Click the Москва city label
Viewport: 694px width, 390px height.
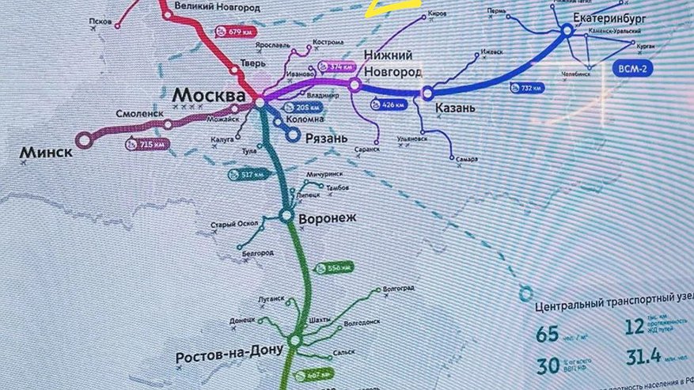[208, 93]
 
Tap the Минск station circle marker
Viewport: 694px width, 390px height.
[84, 139]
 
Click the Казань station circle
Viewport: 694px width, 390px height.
[428, 93]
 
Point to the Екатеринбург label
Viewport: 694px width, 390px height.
[616, 17]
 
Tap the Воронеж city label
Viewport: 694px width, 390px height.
[328, 217]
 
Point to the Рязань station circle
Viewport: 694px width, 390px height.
[293, 135]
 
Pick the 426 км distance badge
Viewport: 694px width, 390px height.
[387, 104]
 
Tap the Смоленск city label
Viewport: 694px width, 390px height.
[140, 113]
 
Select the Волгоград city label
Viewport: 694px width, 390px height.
[400, 290]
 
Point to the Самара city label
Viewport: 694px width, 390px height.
[467, 159]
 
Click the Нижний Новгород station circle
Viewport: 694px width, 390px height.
[355, 84]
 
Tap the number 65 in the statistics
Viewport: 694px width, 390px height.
[547, 335]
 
